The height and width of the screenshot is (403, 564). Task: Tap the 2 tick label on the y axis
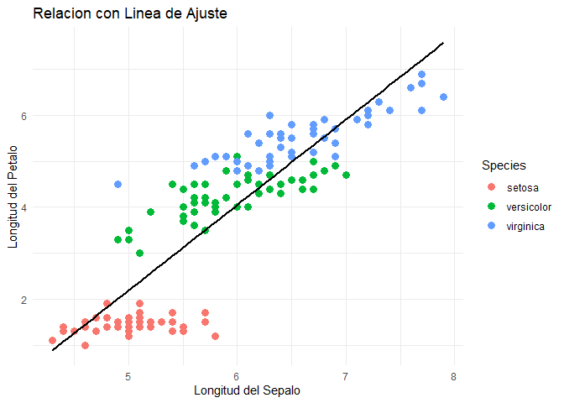pos(24,300)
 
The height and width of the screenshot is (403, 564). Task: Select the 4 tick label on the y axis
pos(24,207)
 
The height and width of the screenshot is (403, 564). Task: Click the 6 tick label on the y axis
pos(24,115)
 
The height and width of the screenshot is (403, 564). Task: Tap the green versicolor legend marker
pos(491,206)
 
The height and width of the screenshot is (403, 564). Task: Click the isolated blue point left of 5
pos(117,184)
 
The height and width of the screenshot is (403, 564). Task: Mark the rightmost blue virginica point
pos(443,97)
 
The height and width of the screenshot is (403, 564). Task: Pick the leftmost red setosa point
pos(52,341)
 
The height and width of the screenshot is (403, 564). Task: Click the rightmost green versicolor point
pos(346,175)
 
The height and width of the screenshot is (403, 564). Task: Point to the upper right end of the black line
pos(443,42)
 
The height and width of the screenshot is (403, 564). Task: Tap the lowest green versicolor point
pos(139,253)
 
